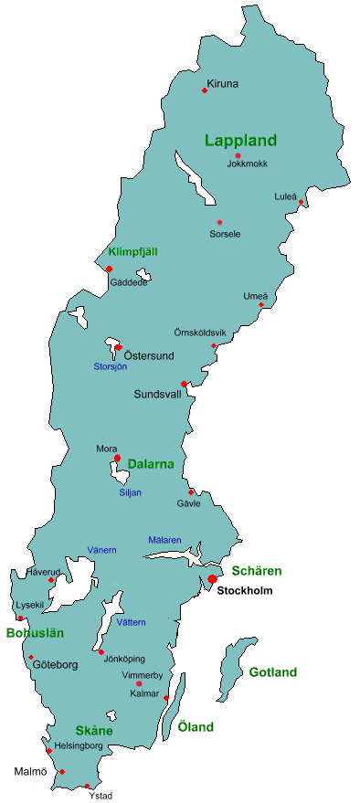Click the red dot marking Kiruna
[x=204, y=90]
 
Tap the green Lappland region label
[x=240, y=141]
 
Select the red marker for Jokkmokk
[x=238, y=155]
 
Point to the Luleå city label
[x=285, y=196]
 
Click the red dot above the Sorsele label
[x=219, y=222]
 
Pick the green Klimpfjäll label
[x=133, y=251]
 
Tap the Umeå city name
[x=255, y=296]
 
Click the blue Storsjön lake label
[x=110, y=366]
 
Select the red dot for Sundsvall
[x=184, y=384]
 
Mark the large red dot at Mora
[x=117, y=459]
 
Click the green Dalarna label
[x=150, y=464]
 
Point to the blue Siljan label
[x=131, y=492]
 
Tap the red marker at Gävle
[x=191, y=492]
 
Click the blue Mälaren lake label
[x=164, y=540]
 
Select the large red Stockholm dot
[x=212, y=578]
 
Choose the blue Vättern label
[x=131, y=622]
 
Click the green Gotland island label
[x=272, y=672]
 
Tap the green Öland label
[x=196, y=727]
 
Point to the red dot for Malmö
[x=62, y=772]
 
